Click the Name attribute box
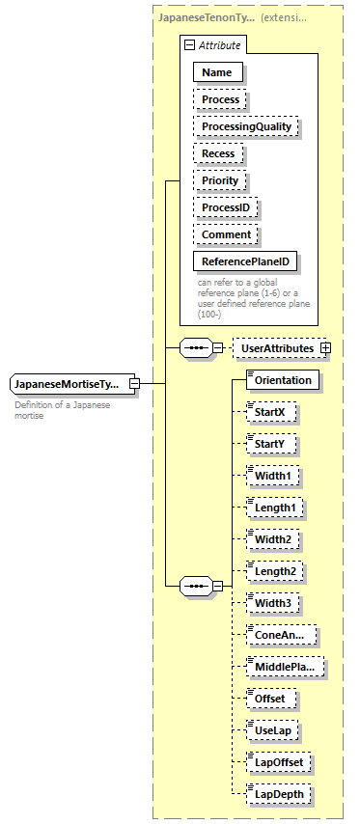[x=217, y=72]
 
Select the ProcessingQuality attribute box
[x=246, y=126]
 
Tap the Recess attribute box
[x=218, y=153]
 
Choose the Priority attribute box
[x=220, y=180]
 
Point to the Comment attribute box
[x=226, y=234]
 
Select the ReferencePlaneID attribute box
[x=245, y=261]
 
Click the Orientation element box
[x=283, y=380]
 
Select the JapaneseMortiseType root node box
[x=67, y=385]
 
